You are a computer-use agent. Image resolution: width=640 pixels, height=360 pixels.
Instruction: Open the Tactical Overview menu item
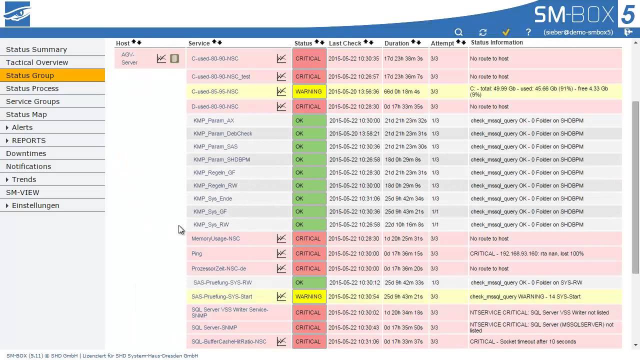pos(37,62)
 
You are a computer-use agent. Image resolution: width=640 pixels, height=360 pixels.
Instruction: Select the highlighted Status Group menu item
pos(30,75)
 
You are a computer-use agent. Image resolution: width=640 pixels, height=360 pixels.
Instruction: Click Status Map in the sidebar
pos(26,114)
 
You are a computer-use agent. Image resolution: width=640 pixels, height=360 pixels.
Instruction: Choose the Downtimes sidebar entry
pos(26,153)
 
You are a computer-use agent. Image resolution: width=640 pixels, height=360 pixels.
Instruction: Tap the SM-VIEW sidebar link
pos(22,192)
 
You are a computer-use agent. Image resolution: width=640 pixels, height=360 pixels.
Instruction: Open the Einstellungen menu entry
pos(35,205)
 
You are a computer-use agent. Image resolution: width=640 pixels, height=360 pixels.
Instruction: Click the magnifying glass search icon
pos(458,32)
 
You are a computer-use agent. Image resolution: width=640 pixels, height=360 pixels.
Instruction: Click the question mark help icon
pos(528,32)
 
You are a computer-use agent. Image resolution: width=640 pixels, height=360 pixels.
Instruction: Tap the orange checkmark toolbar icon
pos(506,32)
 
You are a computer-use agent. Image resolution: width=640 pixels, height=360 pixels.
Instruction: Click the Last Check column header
pos(345,43)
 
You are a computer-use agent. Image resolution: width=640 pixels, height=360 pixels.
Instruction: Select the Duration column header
pos(396,43)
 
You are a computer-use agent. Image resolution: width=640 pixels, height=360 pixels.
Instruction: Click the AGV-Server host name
pos(129,58)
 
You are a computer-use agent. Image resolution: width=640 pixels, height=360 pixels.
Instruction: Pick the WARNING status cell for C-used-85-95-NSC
pos(309,91)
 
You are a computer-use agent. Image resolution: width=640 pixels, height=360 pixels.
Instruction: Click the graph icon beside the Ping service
pos(281,253)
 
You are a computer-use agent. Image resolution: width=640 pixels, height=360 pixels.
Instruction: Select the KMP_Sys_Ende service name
pos(212,198)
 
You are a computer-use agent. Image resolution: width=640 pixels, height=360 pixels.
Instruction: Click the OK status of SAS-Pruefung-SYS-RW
pos(309,282)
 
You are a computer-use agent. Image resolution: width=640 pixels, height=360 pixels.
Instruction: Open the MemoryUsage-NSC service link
pos(215,238)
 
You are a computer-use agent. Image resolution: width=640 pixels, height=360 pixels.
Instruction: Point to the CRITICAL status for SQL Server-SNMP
pos(309,327)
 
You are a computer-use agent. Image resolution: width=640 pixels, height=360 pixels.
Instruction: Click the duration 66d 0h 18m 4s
pos(402,91)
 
